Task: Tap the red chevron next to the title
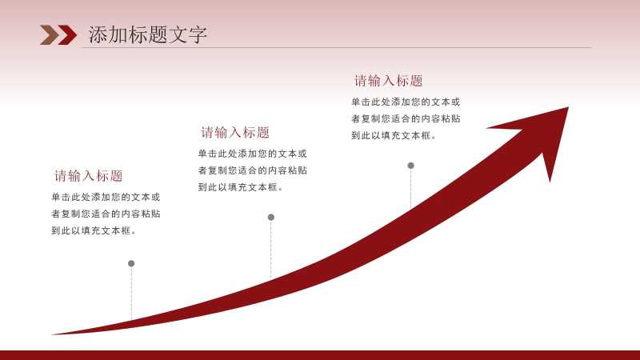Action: coord(67,34)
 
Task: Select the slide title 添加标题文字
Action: coord(148,34)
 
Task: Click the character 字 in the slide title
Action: coord(198,34)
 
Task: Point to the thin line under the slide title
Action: coord(337,47)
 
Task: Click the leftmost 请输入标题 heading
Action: coord(89,175)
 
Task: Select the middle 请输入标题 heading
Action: coord(235,132)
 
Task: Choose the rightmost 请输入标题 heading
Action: coord(388,81)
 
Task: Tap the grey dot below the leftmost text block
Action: coord(131,264)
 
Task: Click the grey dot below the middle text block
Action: coord(271,217)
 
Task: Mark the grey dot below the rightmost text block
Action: coord(410,166)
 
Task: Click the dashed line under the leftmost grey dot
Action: coord(131,293)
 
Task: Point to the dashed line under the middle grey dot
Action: coord(271,250)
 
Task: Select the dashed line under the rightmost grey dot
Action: coord(410,189)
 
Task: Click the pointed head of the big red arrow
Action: coord(569,107)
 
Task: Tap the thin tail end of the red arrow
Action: coord(53,334)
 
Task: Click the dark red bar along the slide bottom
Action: coord(320,355)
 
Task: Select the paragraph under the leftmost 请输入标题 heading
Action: coord(106,214)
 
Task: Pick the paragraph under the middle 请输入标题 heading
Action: coord(252,170)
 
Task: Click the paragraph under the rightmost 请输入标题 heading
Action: coord(406,118)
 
